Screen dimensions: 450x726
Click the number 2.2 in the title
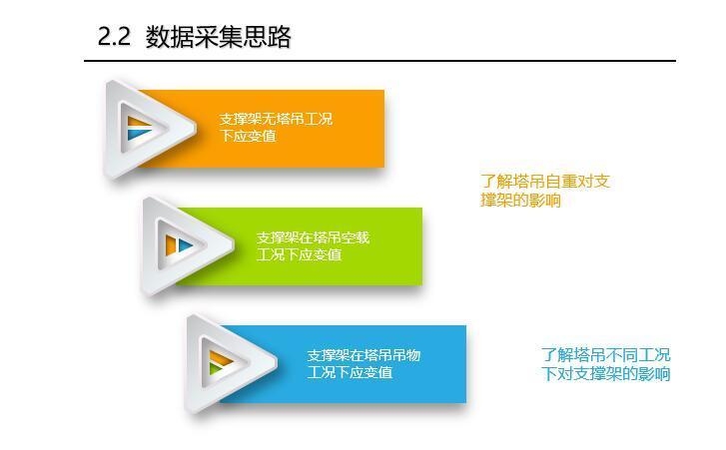pyautogui.click(x=114, y=37)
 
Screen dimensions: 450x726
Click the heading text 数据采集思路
pyautogui.click(x=219, y=37)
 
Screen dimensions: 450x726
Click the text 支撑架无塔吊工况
pyautogui.click(x=277, y=119)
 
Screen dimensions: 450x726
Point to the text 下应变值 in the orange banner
pyautogui.click(x=249, y=136)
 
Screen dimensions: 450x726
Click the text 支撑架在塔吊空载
pyautogui.click(x=313, y=237)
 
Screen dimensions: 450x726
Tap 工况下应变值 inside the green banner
pyautogui.click(x=300, y=254)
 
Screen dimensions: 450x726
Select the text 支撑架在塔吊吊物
pyautogui.click(x=363, y=355)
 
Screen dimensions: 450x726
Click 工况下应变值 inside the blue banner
pyautogui.click(x=350, y=372)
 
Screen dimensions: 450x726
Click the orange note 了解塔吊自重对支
pyautogui.click(x=545, y=181)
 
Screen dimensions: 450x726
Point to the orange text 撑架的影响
pyautogui.click(x=520, y=200)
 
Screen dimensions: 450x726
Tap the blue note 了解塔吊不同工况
pyautogui.click(x=606, y=354)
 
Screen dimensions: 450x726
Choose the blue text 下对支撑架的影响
pyautogui.click(x=606, y=374)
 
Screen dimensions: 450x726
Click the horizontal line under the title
pyautogui.click(x=379, y=61)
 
